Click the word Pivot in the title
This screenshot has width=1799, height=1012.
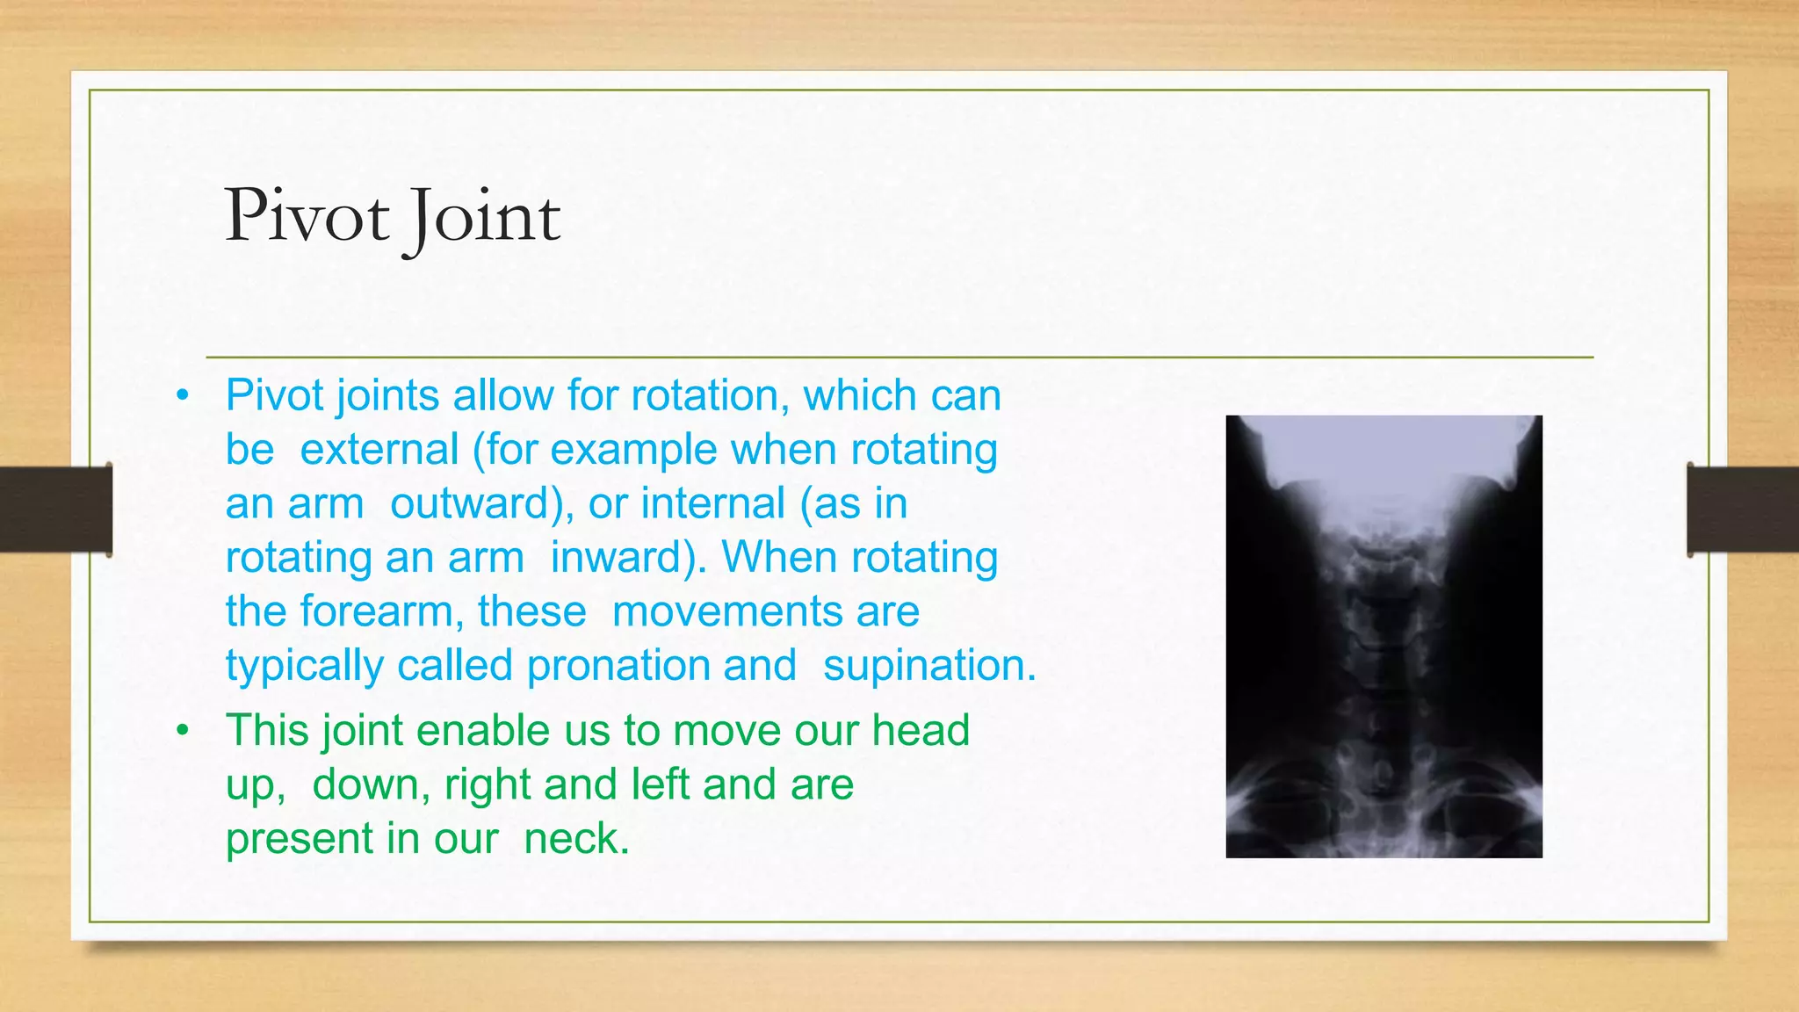307,216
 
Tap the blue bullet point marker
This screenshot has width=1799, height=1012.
182,395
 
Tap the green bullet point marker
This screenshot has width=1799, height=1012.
182,730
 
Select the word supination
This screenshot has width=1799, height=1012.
929,665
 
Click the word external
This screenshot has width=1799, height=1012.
379,450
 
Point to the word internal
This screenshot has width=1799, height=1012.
712,503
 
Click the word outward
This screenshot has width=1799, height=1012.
481,503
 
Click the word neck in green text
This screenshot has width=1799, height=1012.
576,838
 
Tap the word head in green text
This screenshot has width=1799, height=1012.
921,730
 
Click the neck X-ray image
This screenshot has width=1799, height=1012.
1384,636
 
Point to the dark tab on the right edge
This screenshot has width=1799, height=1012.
1743,510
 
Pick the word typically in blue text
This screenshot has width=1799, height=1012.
304,665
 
